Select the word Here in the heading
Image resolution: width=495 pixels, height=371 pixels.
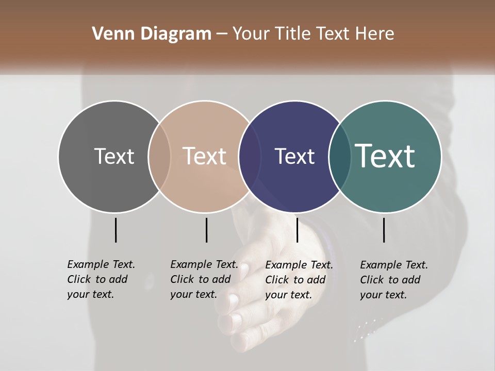[375, 34]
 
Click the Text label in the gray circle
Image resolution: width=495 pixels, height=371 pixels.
[114, 156]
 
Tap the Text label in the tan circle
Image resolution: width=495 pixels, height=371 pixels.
[204, 156]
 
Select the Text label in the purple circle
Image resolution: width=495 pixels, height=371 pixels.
[294, 156]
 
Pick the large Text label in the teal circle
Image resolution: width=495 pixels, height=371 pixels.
[385, 156]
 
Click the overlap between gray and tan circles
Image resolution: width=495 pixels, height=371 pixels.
[159, 156]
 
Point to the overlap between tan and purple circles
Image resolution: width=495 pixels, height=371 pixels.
[250, 156]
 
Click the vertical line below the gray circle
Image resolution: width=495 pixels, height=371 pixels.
[116, 230]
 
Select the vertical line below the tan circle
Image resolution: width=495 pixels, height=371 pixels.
[206, 230]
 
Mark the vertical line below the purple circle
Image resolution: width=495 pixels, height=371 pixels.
[297, 230]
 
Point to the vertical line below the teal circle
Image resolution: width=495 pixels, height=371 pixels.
[384, 230]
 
